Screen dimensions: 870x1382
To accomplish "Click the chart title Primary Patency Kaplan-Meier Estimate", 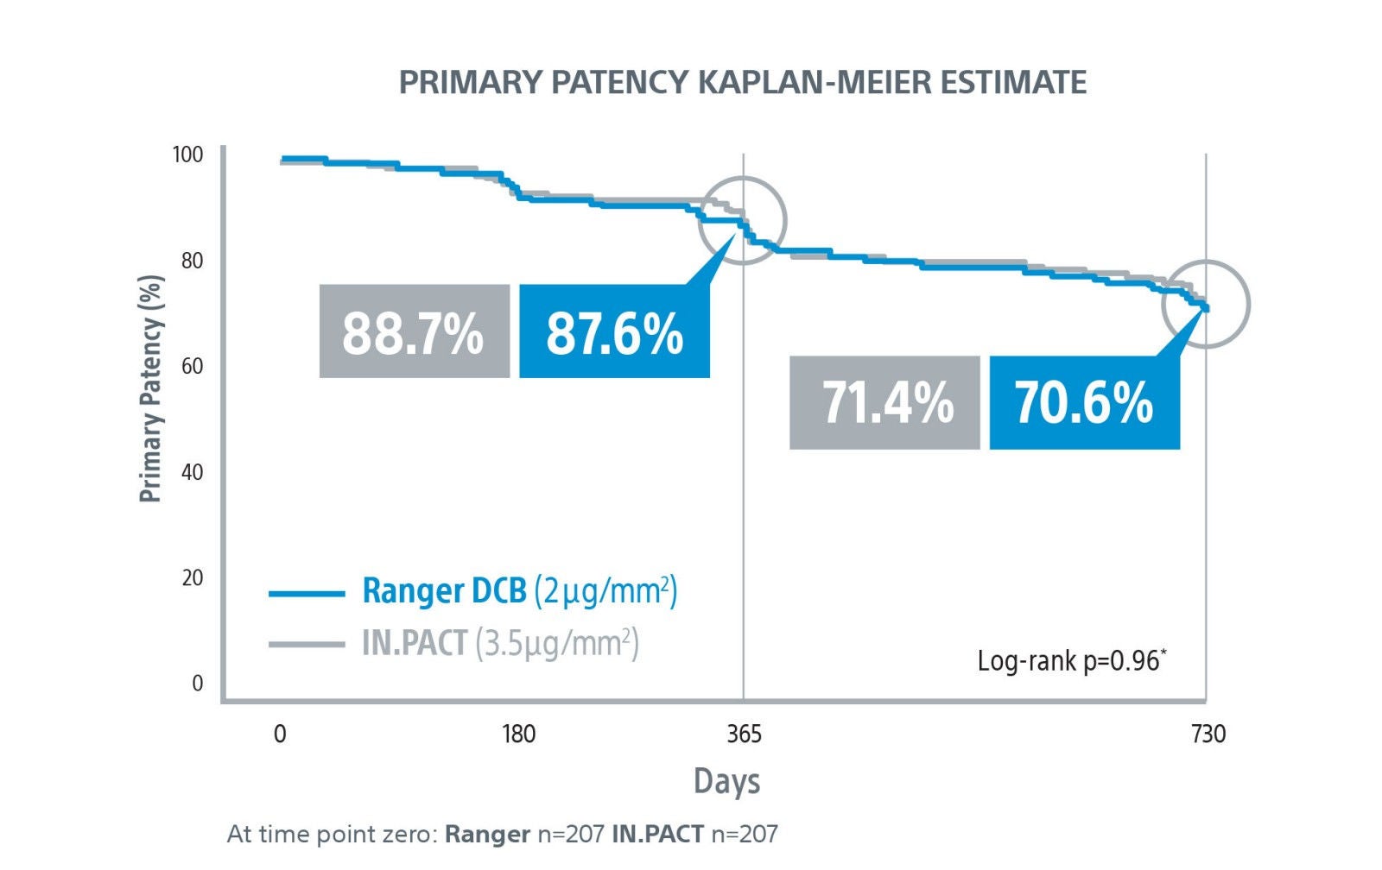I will coord(742,82).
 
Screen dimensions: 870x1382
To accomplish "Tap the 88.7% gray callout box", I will coord(414,331).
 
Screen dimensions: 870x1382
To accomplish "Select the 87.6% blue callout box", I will coord(614,331).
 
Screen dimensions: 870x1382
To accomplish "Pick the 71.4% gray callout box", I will coord(884,403).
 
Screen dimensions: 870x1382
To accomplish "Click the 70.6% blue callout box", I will coord(1084,403).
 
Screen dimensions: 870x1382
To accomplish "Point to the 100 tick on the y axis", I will coord(187,154).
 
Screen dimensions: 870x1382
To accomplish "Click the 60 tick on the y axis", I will coord(192,366).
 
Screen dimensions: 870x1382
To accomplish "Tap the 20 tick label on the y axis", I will coord(192,577).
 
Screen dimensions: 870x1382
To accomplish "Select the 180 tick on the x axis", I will coord(519,734).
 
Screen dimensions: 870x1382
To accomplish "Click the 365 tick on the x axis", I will coord(744,734).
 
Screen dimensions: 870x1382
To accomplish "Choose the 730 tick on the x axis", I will coord(1208,734).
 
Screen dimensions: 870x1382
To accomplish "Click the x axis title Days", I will coord(726,781).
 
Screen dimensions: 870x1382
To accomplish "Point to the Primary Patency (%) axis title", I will coord(150,388).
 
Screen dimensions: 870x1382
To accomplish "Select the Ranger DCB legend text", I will coord(444,591).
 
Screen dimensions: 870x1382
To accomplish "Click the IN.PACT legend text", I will coord(415,644).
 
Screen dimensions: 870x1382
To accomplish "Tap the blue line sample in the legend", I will coord(307,594).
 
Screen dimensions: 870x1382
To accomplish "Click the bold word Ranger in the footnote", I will coord(487,835).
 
